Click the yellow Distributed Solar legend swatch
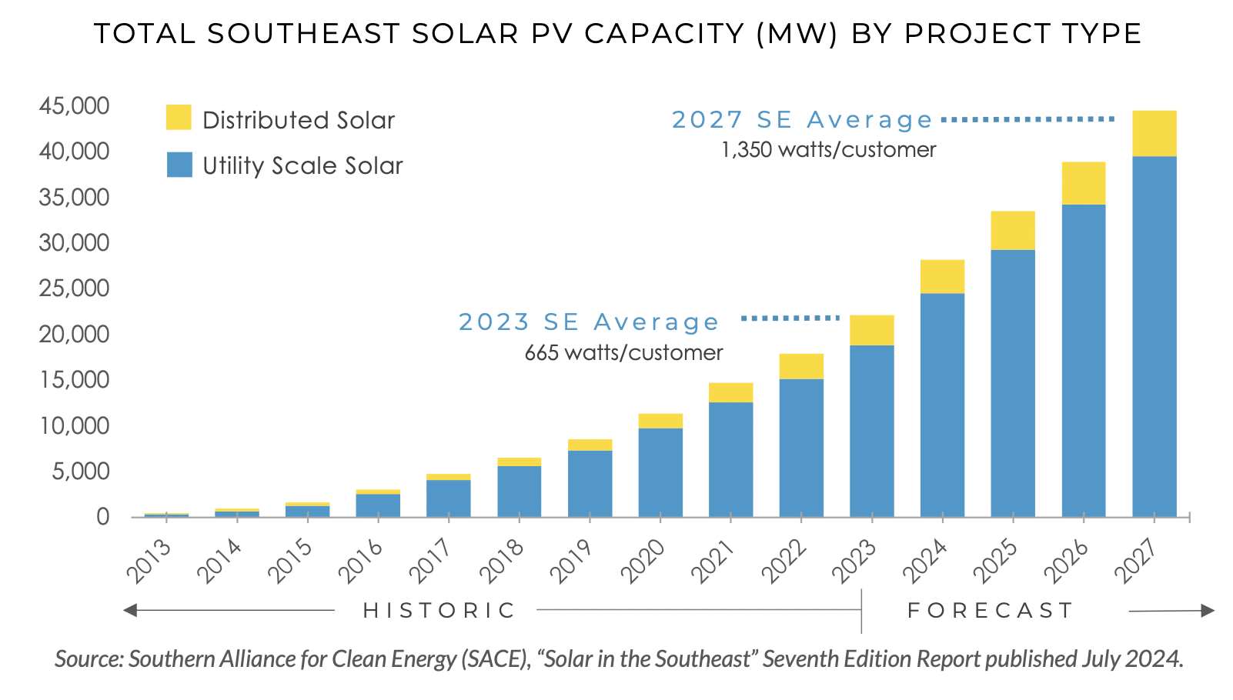tap(179, 118)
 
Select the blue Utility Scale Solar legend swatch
tap(179, 165)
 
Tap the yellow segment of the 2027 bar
tap(1154, 134)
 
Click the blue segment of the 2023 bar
tap(871, 431)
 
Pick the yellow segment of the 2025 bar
tap(1012, 231)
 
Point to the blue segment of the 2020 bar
tap(660, 472)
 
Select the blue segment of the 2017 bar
tap(448, 498)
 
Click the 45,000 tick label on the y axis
tap(74, 105)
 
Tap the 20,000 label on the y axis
tap(74, 334)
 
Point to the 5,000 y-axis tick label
tap(80, 471)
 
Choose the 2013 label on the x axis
tap(149, 561)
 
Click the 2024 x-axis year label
tap(926, 561)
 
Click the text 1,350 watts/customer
tap(828, 149)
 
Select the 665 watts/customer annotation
tap(623, 352)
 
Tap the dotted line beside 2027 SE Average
tap(1027, 119)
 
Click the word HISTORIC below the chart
tap(439, 611)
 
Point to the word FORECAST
tap(991, 611)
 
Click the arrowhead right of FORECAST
tap(1207, 611)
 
